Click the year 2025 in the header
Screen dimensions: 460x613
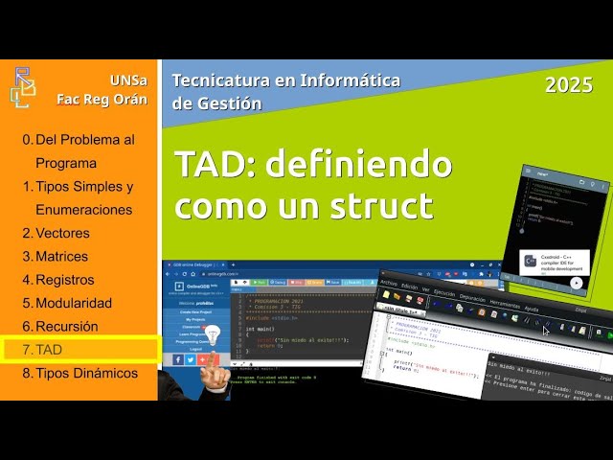click(569, 85)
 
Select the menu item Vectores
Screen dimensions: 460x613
click(62, 233)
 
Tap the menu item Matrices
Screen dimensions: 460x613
click(61, 256)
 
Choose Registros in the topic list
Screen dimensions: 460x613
click(64, 280)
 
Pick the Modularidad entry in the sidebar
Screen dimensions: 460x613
click(73, 303)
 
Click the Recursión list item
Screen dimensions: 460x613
click(66, 327)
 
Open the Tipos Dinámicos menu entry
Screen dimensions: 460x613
click(85, 373)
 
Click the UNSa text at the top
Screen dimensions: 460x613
click(128, 79)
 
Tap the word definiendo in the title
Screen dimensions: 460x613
click(358, 164)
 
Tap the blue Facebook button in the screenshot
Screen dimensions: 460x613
click(179, 359)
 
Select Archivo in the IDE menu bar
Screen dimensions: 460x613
click(388, 284)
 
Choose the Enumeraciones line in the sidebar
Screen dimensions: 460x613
click(83, 209)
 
